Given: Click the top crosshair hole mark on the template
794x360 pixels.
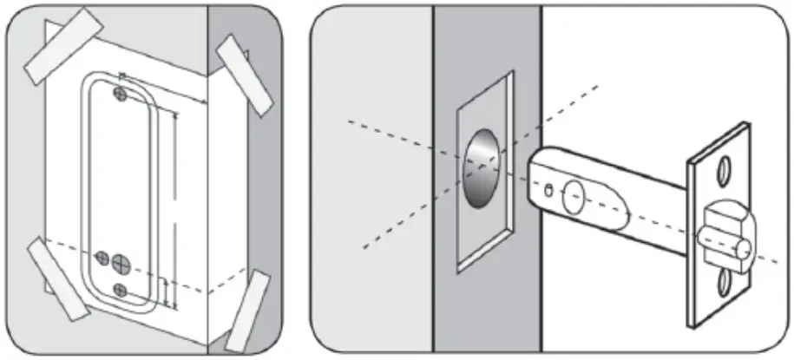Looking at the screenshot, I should [121, 91].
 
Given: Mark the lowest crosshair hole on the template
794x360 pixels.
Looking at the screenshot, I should [121, 288].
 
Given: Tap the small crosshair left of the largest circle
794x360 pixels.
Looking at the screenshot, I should [102, 259].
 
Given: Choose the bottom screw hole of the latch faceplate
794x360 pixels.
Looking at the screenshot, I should [724, 279].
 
